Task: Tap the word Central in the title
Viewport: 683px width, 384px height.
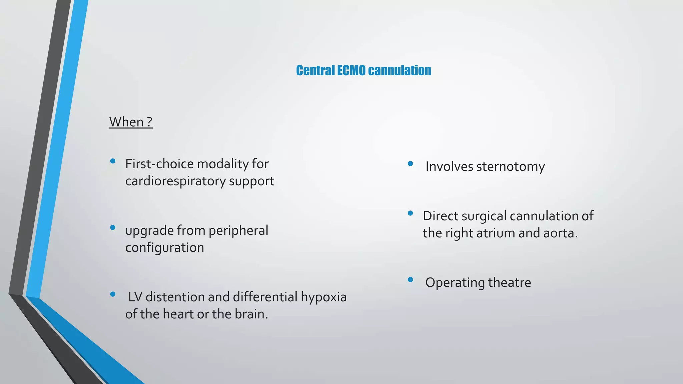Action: [x=315, y=71]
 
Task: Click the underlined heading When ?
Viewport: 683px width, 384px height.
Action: [x=131, y=122]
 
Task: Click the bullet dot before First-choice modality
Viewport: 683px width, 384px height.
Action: [x=113, y=161]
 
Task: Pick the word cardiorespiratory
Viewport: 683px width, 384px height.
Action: [x=175, y=181]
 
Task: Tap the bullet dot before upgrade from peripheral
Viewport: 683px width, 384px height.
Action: [x=113, y=228]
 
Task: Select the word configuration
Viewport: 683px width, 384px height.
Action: [x=164, y=248]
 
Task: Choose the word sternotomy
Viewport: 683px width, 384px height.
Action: [x=510, y=167]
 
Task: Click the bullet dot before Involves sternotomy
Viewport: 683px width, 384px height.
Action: [x=411, y=164]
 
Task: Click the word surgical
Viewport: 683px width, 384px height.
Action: [x=484, y=216]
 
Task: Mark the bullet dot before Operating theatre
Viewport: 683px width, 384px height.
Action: [x=411, y=280]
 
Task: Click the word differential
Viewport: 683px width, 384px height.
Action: [x=265, y=297]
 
